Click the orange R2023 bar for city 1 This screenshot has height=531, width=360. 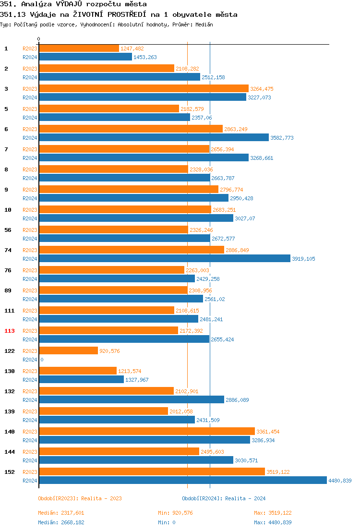[x=79, y=48]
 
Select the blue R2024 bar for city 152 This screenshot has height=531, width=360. [x=182, y=481]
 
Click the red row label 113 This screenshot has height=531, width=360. [x=10, y=331]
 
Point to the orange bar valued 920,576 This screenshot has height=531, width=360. [x=68, y=351]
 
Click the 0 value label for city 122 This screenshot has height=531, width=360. [x=42, y=360]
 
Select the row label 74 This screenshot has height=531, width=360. [x=8, y=250]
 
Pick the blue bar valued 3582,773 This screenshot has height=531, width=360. [x=154, y=138]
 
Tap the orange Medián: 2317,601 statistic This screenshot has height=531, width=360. [x=61, y=513]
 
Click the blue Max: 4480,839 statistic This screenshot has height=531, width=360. [x=273, y=522]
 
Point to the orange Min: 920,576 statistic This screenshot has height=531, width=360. [x=175, y=513]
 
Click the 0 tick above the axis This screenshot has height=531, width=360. [x=39, y=39]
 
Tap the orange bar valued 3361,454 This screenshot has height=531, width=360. [x=146, y=432]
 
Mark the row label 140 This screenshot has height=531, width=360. [x=10, y=432]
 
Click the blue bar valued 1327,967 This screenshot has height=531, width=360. [x=81, y=380]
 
